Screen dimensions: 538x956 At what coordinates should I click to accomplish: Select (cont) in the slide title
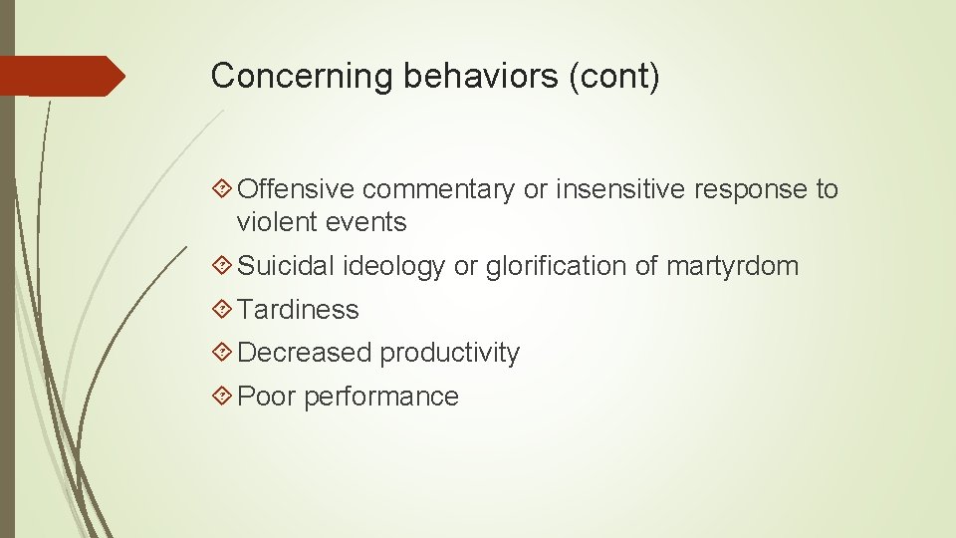613,76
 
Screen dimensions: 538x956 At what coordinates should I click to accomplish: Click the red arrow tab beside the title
62,76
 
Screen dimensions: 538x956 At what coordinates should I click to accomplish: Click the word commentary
439,189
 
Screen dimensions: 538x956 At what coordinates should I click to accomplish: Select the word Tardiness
299,310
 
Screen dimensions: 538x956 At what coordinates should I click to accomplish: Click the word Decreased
305,353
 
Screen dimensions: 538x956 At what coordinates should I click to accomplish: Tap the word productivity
449,353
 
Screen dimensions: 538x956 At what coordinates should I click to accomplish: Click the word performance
381,397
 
